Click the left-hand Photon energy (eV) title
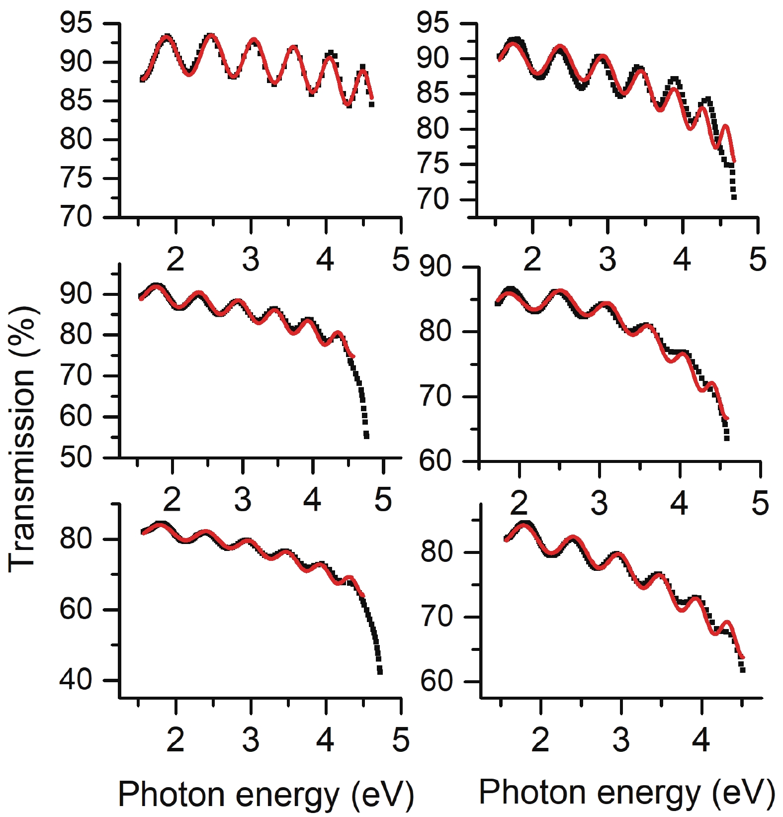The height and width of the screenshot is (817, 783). [x=266, y=794]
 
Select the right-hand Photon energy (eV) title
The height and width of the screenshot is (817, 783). [x=626, y=792]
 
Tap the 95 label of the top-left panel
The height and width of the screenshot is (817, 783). [x=76, y=23]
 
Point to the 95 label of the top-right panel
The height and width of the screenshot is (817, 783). [x=433, y=23]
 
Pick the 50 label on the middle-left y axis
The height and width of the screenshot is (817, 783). [x=76, y=457]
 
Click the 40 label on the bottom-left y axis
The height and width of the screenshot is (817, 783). [x=76, y=680]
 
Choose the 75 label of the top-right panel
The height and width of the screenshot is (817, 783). [x=433, y=165]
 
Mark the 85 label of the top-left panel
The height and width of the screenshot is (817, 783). [x=76, y=101]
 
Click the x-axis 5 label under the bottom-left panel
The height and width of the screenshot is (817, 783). [x=401, y=740]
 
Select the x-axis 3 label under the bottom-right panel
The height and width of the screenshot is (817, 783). [x=621, y=740]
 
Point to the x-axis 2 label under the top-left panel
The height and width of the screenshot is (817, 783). [x=175, y=259]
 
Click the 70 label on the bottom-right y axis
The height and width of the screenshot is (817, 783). [x=436, y=617]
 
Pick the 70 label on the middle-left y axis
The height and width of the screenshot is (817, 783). [x=76, y=375]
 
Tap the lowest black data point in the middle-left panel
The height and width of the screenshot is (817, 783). [x=366, y=437]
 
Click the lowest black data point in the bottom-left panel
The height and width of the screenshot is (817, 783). [x=380, y=672]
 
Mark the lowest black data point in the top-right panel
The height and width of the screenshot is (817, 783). [x=734, y=197]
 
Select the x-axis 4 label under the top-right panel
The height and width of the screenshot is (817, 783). [x=682, y=259]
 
